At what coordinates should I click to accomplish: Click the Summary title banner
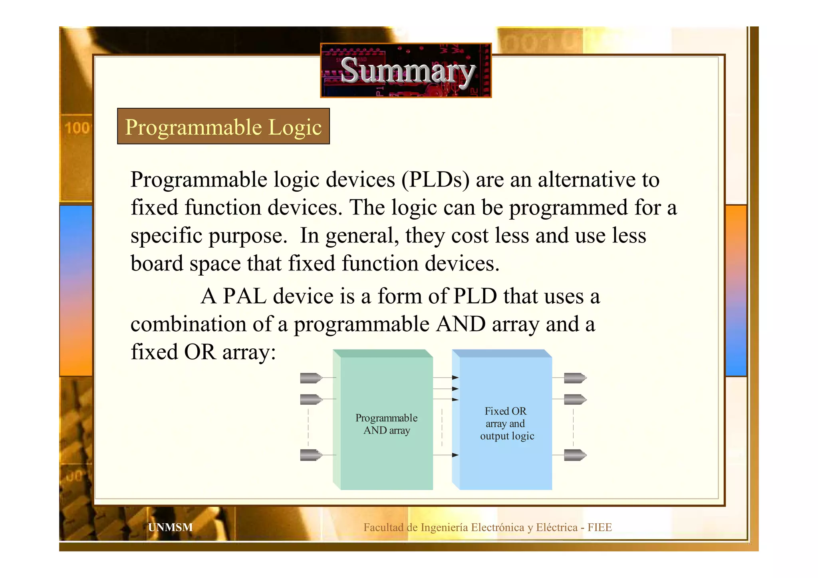[406, 70]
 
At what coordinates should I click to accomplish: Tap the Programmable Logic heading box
[223, 126]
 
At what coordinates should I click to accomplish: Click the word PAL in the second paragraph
[244, 296]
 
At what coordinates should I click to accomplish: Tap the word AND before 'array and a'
[461, 324]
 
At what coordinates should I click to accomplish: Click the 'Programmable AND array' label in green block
[386, 424]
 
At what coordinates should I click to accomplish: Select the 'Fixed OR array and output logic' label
[506, 423]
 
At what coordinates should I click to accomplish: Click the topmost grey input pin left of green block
[311, 377]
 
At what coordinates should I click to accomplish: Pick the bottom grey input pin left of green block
[311, 455]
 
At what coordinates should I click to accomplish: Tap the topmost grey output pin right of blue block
[575, 377]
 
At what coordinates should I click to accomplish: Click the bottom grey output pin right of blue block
[575, 455]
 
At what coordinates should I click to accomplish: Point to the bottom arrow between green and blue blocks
[446, 455]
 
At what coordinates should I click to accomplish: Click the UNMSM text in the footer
[170, 527]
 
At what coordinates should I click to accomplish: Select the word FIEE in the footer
[600, 527]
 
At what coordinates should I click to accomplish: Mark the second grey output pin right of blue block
[575, 399]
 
